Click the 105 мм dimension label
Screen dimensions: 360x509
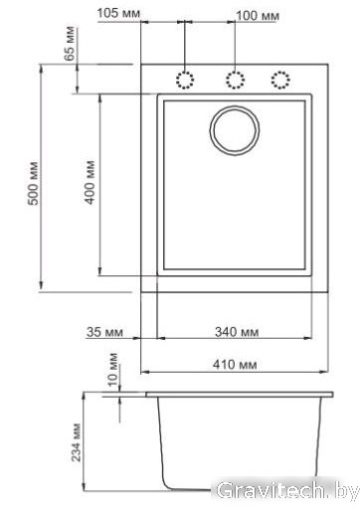pyautogui.click(x=118, y=13)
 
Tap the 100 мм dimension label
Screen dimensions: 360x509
pyautogui.click(x=258, y=16)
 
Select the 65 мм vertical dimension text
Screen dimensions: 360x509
pyautogui.click(x=71, y=44)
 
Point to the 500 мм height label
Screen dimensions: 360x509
pyautogui.click(x=34, y=183)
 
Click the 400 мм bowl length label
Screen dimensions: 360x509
pyautogui.click(x=90, y=182)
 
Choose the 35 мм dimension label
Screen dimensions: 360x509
pyautogui.click(x=104, y=332)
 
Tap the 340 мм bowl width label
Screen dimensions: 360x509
pyautogui.click(x=237, y=332)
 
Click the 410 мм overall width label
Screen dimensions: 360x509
pyautogui.click(x=235, y=365)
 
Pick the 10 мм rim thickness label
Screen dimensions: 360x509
pyautogui.click(x=113, y=370)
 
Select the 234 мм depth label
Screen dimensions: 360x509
pyautogui.click(x=77, y=442)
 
